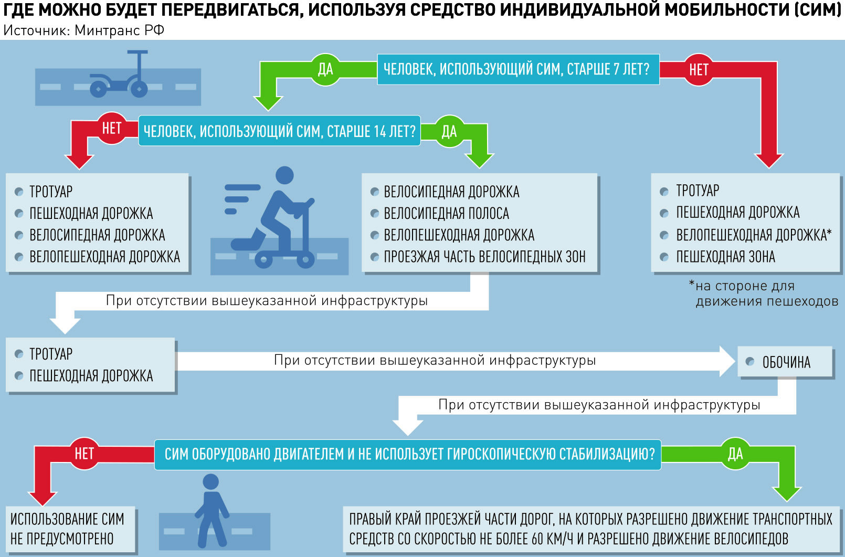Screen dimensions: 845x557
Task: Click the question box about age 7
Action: (519, 69)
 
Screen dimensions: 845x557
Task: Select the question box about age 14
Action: (280, 131)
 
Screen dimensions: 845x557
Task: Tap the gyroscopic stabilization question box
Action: (408, 455)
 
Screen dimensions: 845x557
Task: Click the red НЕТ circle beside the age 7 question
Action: (698, 70)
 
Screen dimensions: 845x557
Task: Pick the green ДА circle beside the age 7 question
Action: (325, 69)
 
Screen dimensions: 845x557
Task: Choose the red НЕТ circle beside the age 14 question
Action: (112, 128)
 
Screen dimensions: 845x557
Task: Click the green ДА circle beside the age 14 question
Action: (449, 131)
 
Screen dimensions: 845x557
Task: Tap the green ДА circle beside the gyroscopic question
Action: (735, 454)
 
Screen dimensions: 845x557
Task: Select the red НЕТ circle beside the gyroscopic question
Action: (84, 454)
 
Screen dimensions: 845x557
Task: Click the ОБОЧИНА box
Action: (785, 362)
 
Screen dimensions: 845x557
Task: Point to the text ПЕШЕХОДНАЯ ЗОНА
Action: (725, 257)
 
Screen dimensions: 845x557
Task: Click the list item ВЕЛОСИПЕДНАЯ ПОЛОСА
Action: (446, 214)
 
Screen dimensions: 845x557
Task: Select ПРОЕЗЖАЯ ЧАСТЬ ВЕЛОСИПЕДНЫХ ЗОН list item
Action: (485, 257)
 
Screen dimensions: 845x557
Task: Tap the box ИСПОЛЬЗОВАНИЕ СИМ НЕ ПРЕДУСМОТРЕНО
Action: (70, 529)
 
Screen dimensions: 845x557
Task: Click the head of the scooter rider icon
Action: (284, 175)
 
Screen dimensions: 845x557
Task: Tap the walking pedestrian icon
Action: (211, 511)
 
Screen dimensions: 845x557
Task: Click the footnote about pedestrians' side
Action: (764, 293)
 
